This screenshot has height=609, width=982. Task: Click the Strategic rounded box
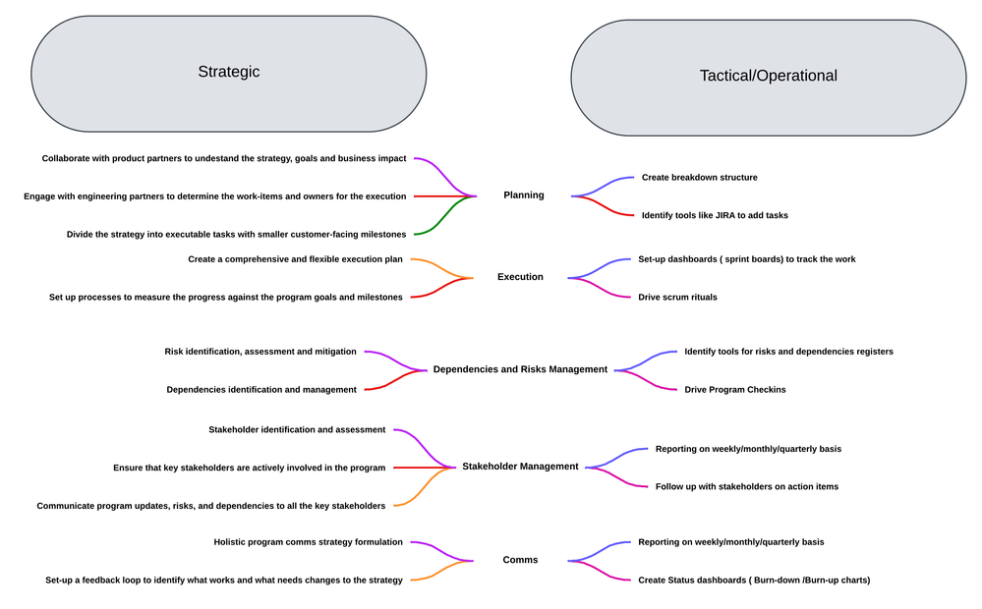coord(228,73)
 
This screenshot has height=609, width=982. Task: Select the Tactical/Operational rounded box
coord(768,77)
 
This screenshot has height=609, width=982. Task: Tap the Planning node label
coord(523,195)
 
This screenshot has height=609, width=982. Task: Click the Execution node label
coord(520,277)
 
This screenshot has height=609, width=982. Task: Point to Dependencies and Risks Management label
coord(520,369)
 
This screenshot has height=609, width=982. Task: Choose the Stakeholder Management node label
coord(520,467)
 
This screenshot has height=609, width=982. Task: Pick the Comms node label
coord(520,560)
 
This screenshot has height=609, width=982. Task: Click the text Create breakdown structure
coord(699,178)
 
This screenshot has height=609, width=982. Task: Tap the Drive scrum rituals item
coord(677,297)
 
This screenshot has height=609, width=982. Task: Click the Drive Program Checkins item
coord(734,390)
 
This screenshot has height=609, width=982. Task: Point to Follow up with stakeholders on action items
coord(746,486)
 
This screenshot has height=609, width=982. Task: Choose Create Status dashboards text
coord(753,581)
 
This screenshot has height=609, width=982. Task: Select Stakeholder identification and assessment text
coord(297,430)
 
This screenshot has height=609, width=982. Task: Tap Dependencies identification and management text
coord(261,390)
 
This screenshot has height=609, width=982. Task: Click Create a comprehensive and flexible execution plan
coord(295,259)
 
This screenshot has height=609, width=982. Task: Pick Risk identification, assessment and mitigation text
coord(260,352)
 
